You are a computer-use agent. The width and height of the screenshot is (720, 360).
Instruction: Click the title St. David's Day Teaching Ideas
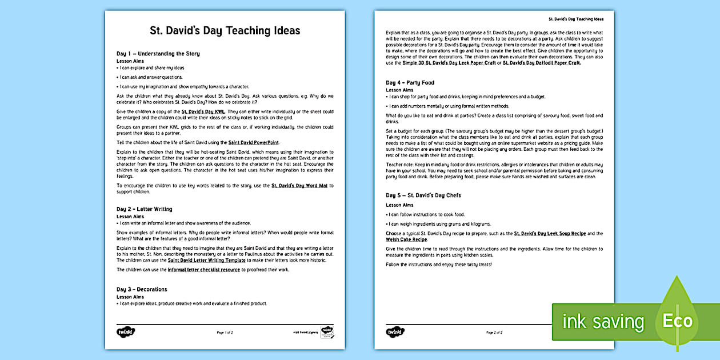click(225, 31)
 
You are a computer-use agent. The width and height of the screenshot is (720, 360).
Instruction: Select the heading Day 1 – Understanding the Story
click(158, 54)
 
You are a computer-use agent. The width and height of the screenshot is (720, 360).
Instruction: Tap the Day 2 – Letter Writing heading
click(144, 209)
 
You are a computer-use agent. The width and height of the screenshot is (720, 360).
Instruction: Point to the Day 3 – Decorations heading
click(142, 290)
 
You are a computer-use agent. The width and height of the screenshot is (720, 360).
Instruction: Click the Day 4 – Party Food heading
click(410, 83)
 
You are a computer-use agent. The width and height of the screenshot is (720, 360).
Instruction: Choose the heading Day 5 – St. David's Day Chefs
click(423, 195)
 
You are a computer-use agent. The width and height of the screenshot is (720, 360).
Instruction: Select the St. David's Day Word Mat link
click(299, 186)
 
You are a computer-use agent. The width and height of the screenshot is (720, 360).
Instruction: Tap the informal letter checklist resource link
click(203, 270)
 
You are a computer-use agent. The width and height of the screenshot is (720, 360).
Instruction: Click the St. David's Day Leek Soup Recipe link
click(550, 234)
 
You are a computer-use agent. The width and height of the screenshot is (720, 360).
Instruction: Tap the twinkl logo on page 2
click(394, 332)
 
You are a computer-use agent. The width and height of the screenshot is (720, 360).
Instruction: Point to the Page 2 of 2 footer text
click(494, 332)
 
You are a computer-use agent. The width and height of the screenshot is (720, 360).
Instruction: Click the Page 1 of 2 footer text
click(225, 332)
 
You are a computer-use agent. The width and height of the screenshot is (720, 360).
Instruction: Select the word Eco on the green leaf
click(677, 321)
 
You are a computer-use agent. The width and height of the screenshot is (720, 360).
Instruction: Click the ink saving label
click(602, 322)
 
